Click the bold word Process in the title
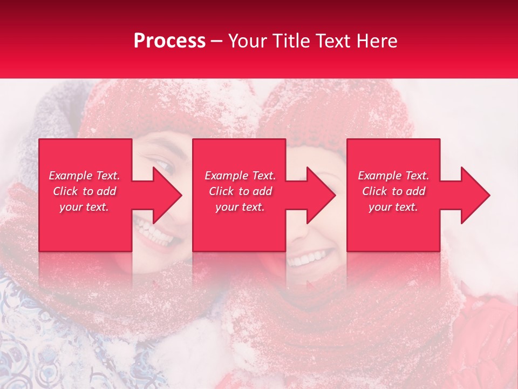[x=169, y=41]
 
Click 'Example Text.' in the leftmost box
[x=84, y=176]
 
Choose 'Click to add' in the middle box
[x=240, y=191]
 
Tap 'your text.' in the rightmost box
[x=393, y=207]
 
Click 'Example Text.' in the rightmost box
[x=393, y=176]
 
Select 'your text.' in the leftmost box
[x=84, y=207]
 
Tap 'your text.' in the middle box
[x=240, y=207]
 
